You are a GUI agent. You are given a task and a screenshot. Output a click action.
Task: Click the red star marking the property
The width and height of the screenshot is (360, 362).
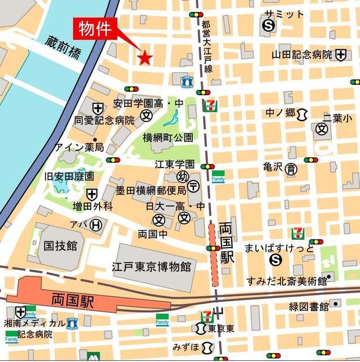click(145, 57)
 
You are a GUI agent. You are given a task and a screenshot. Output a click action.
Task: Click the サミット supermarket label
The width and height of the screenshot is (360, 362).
click(284, 14)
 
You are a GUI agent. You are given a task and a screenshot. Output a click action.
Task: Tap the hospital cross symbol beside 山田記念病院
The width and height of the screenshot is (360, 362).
click(340, 55)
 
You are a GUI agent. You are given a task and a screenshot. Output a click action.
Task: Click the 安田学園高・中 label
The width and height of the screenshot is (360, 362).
click(149, 104)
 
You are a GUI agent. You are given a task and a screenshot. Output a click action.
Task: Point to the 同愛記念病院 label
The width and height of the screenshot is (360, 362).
click(105, 120)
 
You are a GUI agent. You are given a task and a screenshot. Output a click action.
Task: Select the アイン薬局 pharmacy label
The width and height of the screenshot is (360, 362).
click(79, 147)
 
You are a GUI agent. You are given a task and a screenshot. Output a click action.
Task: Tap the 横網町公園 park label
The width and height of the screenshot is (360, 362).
click(168, 137)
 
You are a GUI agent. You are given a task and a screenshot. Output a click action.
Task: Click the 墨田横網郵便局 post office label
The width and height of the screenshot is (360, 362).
click(151, 190)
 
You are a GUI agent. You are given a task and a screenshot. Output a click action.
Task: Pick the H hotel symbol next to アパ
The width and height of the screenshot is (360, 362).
click(97, 225)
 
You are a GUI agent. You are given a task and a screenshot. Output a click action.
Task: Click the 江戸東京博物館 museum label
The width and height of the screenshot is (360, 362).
click(151, 266)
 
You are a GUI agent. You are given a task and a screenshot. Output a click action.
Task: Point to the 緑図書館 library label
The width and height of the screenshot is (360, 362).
click(309, 307)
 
